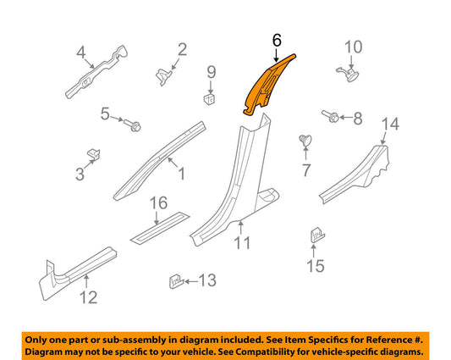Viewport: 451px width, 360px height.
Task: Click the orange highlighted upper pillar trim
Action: click(265, 85)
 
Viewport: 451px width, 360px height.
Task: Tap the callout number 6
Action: click(276, 40)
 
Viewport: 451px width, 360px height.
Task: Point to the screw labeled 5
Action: click(132, 124)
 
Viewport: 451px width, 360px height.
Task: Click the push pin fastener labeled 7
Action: click(305, 141)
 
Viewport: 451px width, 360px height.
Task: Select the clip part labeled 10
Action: click(345, 75)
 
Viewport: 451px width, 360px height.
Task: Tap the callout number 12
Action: click(88, 297)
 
